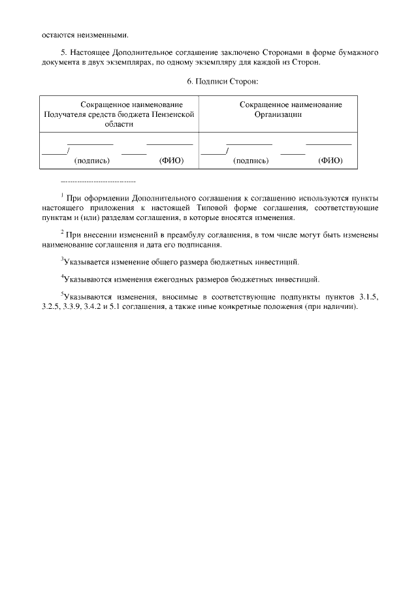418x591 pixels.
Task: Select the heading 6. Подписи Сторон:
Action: [223, 81]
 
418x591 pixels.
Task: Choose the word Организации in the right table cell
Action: [278, 114]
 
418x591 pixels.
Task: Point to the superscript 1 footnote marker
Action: [61, 195]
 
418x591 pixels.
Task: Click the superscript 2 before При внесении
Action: [61, 231]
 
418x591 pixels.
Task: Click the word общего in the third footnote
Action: [174, 262]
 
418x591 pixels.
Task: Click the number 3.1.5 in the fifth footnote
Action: [368, 298]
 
